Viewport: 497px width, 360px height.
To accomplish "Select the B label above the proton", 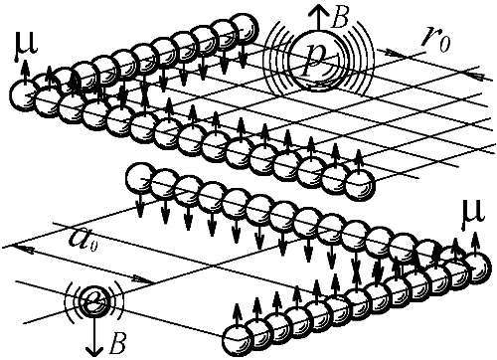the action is coord(340,19).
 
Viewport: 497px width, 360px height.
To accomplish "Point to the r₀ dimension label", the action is coord(436,42).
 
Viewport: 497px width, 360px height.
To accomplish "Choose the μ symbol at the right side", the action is coord(473,214).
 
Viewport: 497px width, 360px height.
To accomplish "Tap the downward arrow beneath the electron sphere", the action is coord(93,335).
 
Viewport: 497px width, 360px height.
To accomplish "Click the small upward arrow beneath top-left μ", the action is coord(24,73).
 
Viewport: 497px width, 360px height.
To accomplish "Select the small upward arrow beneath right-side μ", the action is coord(475,243).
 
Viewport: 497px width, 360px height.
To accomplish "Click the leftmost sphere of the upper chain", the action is coord(24,94).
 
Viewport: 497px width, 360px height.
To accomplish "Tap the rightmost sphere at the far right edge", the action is coord(476,268).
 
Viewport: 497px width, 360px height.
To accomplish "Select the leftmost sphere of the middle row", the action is coord(140,177).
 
